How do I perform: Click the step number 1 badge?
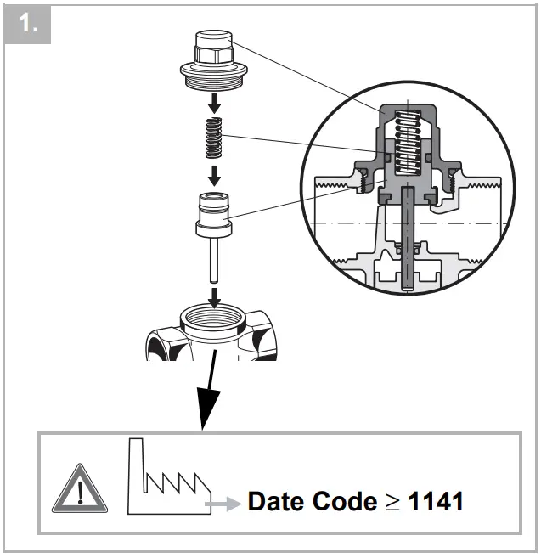point(29,26)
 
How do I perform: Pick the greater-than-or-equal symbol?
point(392,502)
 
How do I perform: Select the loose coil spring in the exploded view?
point(215,138)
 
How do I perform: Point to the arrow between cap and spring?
point(215,103)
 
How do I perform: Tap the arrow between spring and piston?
point(215,174)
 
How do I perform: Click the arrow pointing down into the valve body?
point(215,296)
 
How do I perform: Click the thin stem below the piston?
point(215,263)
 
